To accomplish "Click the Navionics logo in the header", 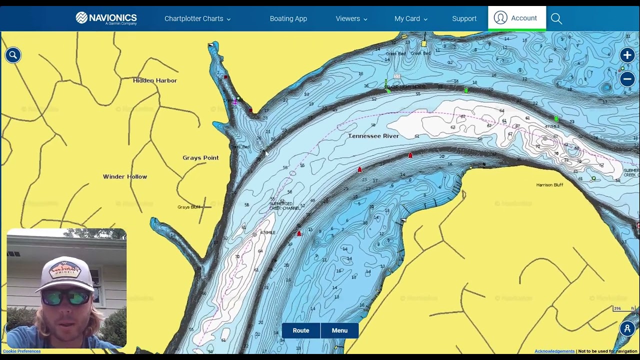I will [x=106, y=18].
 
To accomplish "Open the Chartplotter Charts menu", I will [x=197, y=18].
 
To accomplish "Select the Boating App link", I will [x=288, y=18].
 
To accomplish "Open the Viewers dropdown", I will [x=351, y=18].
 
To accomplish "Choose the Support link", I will [x=464, y=18].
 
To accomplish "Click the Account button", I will [x=516, y=18].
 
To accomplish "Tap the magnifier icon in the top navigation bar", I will [x=556, y=18].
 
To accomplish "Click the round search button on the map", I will [x=13, y=55].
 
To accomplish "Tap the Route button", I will [x=301, y=330].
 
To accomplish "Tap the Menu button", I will [x=339, y=330].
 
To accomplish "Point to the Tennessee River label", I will [x=373, y=136].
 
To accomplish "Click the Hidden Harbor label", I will [x=155, y=80].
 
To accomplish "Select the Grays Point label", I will [x=200, y=158].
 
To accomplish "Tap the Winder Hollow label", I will [x=125, y=176].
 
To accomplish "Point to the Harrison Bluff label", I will [x=549, y=185].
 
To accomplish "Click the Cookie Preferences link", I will [x=22, y=351].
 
